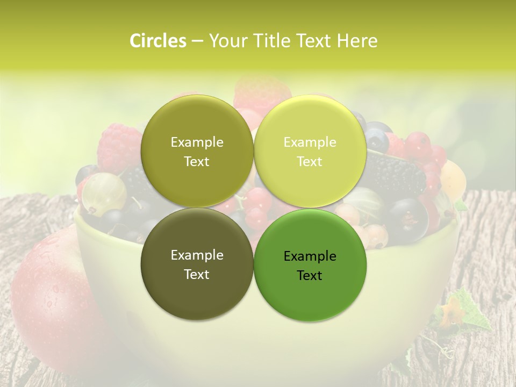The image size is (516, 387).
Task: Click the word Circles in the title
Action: pos(157,41)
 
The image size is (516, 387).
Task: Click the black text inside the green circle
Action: pos(310,266)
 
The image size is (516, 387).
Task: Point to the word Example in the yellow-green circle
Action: pos(310,142)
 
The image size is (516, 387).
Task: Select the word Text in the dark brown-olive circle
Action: pos(197,274)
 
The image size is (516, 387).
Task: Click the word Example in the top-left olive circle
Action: pos(197,142)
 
